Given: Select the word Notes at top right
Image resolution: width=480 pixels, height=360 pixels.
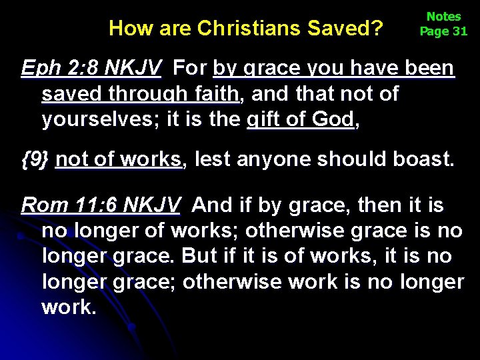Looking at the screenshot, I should (443, 17).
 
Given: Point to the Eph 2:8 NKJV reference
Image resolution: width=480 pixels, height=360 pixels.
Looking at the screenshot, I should (91, 68).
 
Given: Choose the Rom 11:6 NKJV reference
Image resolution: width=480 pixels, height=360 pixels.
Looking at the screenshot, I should (100, 205).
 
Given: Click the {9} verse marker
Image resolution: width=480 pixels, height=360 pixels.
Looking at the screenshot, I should (35, 159).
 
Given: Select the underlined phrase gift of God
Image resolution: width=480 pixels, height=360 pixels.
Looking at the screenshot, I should (299, 119).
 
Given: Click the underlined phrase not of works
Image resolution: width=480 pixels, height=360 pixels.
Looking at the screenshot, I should (119, 159).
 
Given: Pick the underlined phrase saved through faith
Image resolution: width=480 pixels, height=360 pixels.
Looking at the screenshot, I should (140, 94).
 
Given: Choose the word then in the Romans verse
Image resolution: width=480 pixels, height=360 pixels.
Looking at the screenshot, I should (379, 205).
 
